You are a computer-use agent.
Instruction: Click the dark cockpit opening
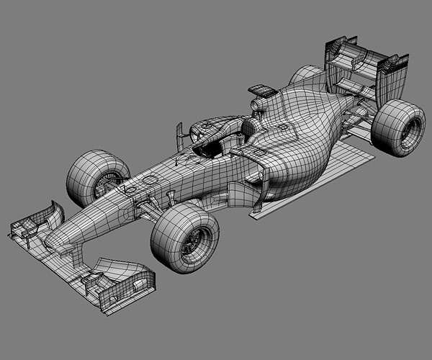point(209,148)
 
